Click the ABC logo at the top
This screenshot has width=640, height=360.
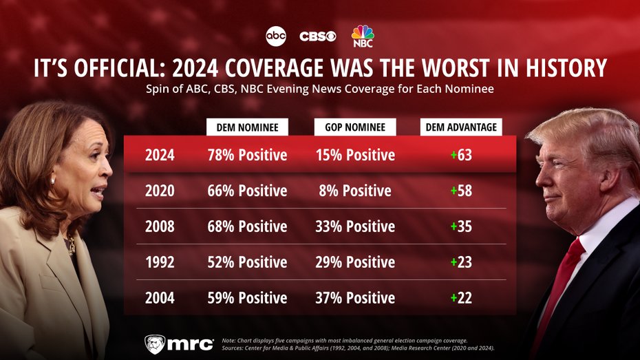point(275,35)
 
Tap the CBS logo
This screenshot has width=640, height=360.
point(318,36)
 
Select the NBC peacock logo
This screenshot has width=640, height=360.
point(363,36)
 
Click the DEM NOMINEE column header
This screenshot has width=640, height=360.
point(247,127)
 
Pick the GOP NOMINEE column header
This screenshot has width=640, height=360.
point(355,127)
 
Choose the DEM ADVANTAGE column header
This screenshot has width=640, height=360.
point(461,127)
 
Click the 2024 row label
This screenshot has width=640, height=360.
point(160,155)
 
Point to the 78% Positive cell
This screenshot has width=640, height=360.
point(247,155)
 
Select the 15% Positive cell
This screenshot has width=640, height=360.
point(355,155)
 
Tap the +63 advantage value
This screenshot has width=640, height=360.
point(461,155)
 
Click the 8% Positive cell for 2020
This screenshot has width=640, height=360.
point(355,191)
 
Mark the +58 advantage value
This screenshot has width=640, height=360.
point(461,191)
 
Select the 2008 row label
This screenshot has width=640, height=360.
point(160,226)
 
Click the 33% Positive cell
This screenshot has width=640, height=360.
point(355,226)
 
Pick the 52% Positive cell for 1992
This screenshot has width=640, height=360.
point(247,262)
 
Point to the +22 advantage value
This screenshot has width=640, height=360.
point(461,298)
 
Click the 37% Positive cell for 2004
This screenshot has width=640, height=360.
point(355,298)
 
